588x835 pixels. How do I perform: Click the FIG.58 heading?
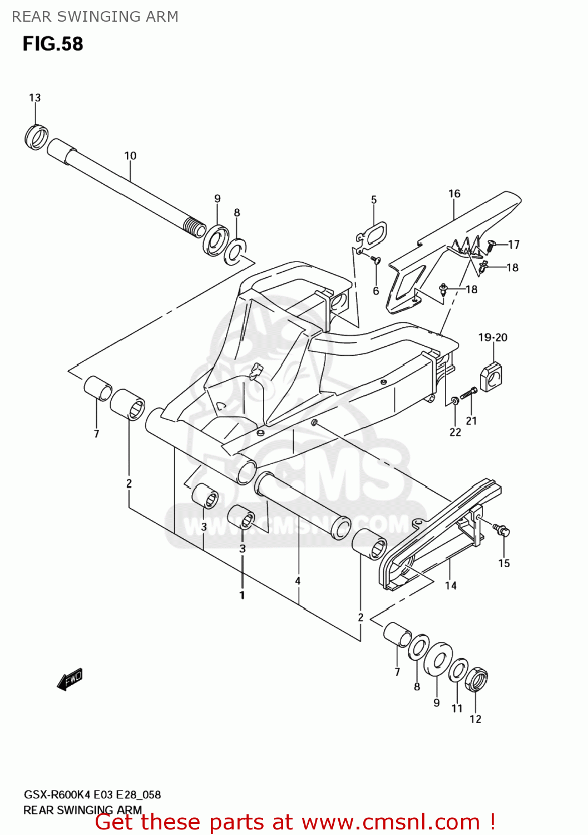click(x=53, y=43)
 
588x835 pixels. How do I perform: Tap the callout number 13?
click(x=34, y=98)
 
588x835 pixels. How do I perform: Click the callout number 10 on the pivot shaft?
click(x=130, y=156)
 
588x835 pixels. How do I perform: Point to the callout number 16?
click(x=454, y=194)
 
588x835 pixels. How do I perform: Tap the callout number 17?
click(x=513, y=244)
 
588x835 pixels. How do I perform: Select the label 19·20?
click(x=493, y=337)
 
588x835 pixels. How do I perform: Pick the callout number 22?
click(x=455, y=432)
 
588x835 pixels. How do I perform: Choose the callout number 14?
click(x=451, y=586)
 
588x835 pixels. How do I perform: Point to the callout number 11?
click(x=457, y=708)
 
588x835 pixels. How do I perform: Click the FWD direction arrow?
click(x=70, y=679)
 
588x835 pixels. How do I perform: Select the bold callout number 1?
click(x=242, y=595)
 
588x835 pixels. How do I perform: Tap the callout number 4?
click(x=298, y=581)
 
